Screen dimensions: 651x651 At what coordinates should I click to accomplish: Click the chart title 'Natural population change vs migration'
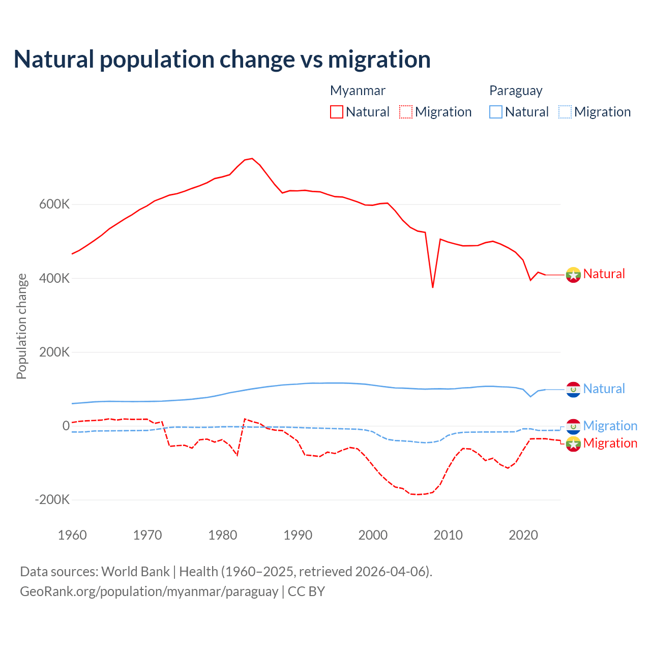click(x=222, y=60)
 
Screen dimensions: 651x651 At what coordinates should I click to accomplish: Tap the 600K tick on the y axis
click(x=54, y=204)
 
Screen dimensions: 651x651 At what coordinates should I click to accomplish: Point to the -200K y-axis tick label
click(x=52, y=499)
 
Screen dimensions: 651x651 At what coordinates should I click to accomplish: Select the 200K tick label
click(x=54, y=352)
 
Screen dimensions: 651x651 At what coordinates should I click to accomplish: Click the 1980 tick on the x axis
click(x=223, y=535)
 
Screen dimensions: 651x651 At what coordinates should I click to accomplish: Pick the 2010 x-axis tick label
click(x=448, y=535)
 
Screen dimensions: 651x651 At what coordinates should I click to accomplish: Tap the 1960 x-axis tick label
click(x=73, y=535)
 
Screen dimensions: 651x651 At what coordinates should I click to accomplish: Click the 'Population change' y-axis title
click(x=21, y=327)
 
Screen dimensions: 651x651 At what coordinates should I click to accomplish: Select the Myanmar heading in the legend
click(x=358, y=91)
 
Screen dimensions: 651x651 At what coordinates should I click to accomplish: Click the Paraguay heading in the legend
click(x=516, y=91)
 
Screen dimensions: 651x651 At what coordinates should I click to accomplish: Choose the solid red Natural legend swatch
click(x=337, y=112)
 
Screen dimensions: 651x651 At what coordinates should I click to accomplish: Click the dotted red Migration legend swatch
click(x=406, y=112)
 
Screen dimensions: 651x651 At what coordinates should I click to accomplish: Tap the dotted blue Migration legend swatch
click(x=565, y=112)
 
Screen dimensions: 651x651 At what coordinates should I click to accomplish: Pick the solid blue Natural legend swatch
click(x=496, y=112)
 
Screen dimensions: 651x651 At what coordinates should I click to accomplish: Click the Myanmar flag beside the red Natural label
click(x=573, y=275)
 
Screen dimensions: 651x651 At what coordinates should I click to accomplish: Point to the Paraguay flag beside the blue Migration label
click(x=573, y=426)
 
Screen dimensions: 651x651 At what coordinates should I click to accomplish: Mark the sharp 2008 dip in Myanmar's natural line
click(x=433, y=287)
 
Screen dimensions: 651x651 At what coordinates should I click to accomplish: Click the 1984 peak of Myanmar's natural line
click(x=252, y=159)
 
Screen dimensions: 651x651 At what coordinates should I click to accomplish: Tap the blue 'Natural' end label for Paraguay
click(x=604, y=389)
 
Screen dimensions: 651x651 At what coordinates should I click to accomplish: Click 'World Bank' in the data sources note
click(x=135, y=572)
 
